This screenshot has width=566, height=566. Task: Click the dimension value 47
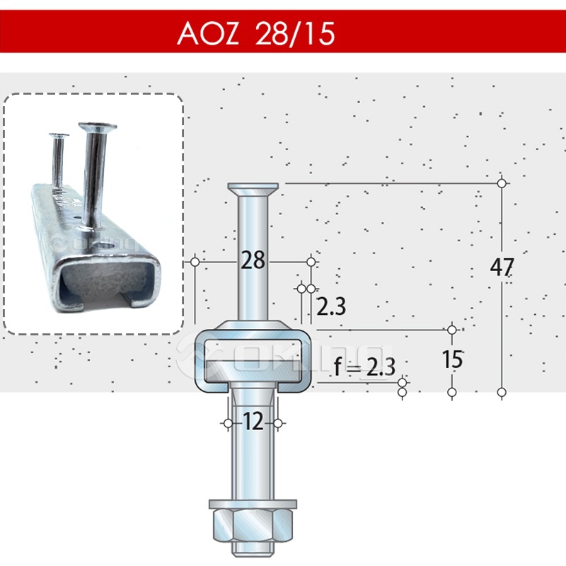[502, 267]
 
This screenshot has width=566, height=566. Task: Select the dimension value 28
[253, 260]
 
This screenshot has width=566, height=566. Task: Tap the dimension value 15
[453, 359]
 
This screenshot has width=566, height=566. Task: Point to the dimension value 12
[253, 422]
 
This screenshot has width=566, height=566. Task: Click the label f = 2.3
[364, 366]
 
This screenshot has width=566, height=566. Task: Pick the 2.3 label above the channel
[330, 307]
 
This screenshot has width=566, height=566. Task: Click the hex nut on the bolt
[253, 527]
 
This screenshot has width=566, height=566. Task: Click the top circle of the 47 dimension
[502, 183]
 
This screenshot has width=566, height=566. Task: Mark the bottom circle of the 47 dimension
[502, 392]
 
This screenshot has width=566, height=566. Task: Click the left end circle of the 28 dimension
[194, 262]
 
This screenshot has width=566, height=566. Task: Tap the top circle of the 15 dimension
[453, 330]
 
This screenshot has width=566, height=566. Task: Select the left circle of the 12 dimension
[228, 423]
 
